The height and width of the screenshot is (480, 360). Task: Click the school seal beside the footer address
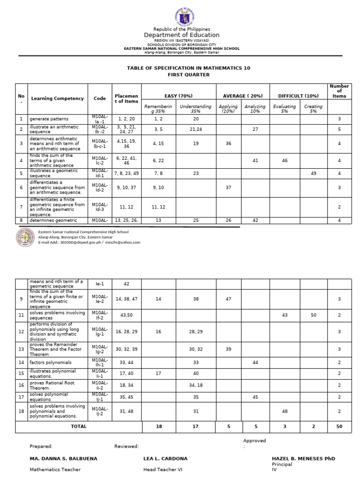(25, 237)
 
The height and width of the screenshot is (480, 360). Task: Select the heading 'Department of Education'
(181, 35)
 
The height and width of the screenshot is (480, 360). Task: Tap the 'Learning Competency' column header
(57, 98)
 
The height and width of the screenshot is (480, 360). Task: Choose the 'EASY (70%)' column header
(178, 96)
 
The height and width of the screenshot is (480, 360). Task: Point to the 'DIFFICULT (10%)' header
(299, 96)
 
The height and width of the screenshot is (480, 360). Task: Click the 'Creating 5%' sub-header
(313, 109)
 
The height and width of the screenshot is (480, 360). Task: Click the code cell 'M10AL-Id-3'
(99, 204)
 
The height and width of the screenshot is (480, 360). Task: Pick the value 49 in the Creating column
(314, 173)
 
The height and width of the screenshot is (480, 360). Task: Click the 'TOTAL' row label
(78, 427)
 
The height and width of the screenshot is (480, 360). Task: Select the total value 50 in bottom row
(339, 427)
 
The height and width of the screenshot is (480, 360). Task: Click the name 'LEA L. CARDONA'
(165, 458)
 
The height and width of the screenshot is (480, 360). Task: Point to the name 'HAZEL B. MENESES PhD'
(303, 458)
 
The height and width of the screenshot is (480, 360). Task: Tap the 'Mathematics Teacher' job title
(55, 469)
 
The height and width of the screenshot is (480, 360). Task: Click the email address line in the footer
(89, 242)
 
